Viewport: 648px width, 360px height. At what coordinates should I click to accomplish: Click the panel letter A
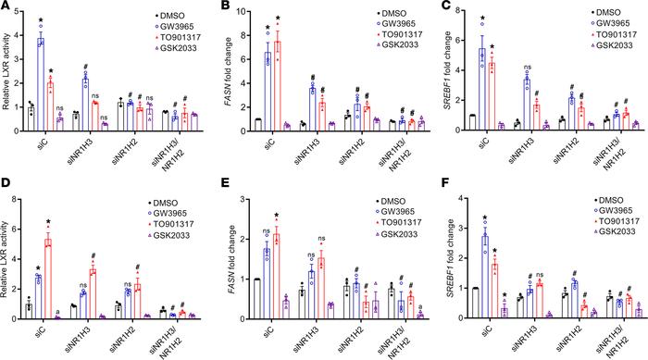point(6,6)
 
